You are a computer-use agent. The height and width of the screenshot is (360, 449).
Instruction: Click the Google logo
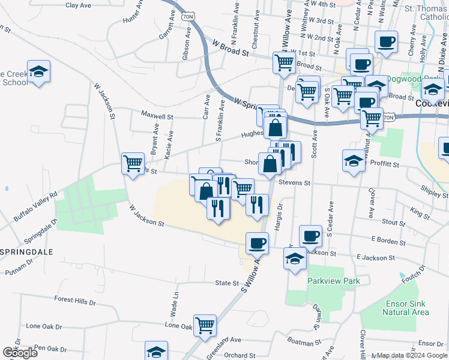20,353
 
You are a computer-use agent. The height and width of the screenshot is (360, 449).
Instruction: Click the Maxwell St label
157,114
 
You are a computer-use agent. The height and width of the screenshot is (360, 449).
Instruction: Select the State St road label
227,283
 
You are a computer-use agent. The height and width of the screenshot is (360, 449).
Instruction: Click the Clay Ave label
78,5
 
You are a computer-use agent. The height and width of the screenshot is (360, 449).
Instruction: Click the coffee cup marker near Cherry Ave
386,42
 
